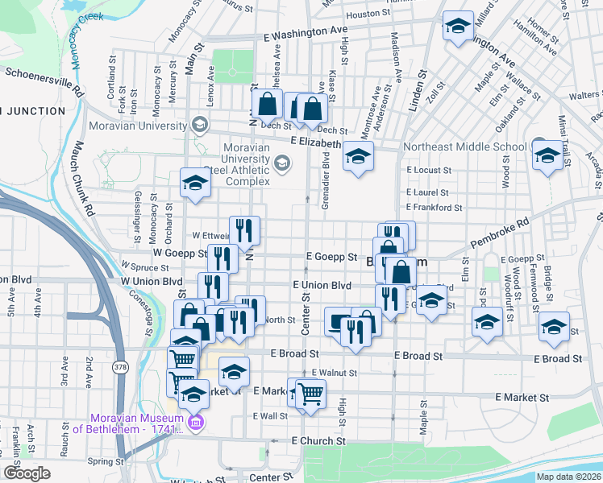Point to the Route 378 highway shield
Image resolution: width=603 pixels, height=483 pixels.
tap(121, 367)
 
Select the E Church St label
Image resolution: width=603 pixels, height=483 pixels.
tap(318, 441)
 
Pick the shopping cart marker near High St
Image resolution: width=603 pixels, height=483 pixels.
tap(310, 394)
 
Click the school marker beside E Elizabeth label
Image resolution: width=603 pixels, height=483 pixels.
tap(358, 155)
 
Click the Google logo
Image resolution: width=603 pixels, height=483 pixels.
tap(27, 473)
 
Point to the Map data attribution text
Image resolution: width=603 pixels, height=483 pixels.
tap(568, 477)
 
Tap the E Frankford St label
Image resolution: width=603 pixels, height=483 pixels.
tap(435, 207)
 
